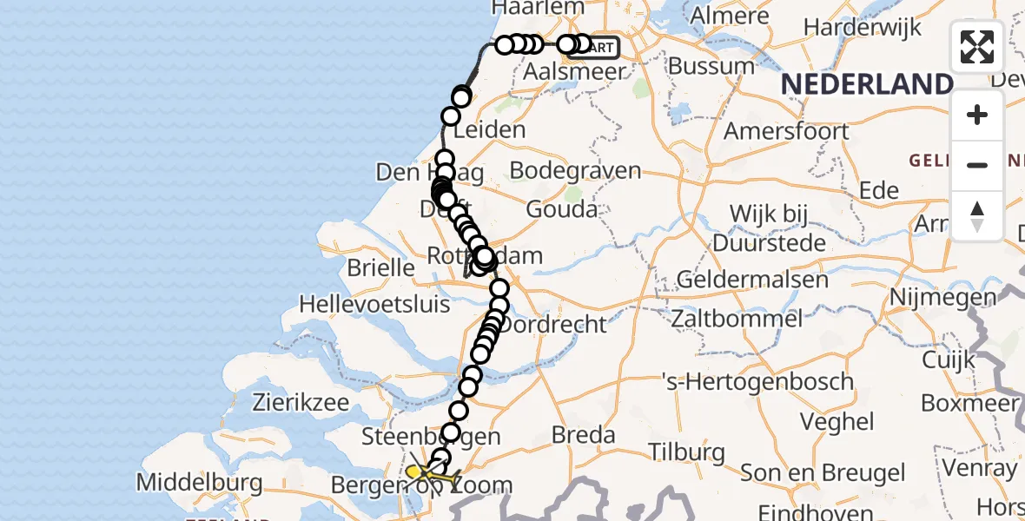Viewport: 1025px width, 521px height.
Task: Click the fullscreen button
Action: [x=977, y=47]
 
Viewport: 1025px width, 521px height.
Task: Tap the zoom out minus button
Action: [x=977, y=165]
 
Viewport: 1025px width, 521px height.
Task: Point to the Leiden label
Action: [x=489, y=130]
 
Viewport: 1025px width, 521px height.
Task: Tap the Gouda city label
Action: [x=562, y=209]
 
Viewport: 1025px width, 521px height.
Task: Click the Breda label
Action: [x=583, y=435]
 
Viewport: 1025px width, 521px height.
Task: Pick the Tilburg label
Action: [x=686, y=452]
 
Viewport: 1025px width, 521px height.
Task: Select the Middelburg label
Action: [x=200, y=482]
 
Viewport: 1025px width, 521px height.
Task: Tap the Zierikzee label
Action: [x=301, y=402]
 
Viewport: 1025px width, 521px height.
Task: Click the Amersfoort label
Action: [x=786, y=131]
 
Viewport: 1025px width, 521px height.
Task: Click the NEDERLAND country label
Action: [x=867, y=84]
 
